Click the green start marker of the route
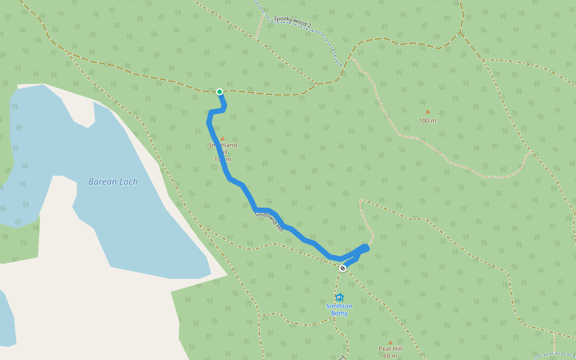[x=220, y=92]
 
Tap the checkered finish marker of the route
[x=343, y=268]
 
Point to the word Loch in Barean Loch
[x=128, y=182]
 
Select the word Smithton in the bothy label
[x=339, y=306]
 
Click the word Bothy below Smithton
[x=339, y=313]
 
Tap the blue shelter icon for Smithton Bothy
[x=340, y=297]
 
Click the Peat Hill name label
[x=390, y=349]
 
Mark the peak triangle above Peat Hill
[x=390, y=343]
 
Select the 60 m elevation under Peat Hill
[x=390, y=356]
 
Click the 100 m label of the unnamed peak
[x=428, y=121]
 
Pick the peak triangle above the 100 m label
[x=428, y=112]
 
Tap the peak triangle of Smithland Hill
[x=222, y=139]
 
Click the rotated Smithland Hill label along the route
[x=268, y=221]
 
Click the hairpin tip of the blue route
[x=365, y=247]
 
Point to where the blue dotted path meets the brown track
[x=344, y=66]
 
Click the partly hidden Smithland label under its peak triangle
[x=223, y=145]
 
